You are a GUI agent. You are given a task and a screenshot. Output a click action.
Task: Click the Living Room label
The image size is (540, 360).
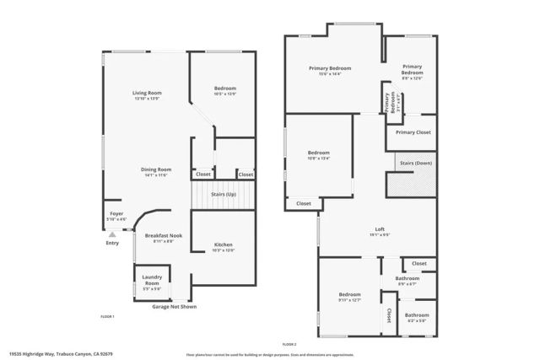pyautogui.click(x=146, y=93)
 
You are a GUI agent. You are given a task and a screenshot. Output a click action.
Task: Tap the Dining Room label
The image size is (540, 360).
pyautogui.click(x=156, y=169)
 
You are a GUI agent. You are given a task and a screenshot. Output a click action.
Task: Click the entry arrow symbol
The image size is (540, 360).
pyautogui.click(x=112, y=234)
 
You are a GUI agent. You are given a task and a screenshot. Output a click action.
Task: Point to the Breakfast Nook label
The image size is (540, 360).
pyautogui.click(x=164, y=235)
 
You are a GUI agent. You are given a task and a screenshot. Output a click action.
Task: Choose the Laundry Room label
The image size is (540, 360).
pyautogui.click(x=152, y=277)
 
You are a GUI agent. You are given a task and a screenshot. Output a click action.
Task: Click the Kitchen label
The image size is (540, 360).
pyautogui.click(x=223, y=244)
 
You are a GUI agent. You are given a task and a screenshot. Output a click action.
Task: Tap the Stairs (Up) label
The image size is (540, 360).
pyautogui.click(x=223, y=195)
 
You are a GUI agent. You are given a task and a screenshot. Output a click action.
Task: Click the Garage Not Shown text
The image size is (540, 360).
pyautogui.click(x=175, y=307)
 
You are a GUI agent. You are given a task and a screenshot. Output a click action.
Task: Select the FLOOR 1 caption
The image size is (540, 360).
pyautogui.click(x=107, y=316)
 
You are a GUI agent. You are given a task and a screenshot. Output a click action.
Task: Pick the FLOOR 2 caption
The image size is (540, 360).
pyautogui.click(x=289, y=345)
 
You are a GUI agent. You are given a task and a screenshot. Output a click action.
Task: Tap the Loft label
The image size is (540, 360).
pyautogui.click(x=381, y=229)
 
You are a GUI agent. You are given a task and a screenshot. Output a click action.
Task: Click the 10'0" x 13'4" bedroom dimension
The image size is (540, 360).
pyautogui.click(x=318, y=158)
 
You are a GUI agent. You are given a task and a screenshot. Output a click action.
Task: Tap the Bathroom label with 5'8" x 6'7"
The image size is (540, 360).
pyautogui.click(x=408, y=284)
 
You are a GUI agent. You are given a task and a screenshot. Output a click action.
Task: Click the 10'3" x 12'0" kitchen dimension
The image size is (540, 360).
pyautogui.click(x=223, y=250)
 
